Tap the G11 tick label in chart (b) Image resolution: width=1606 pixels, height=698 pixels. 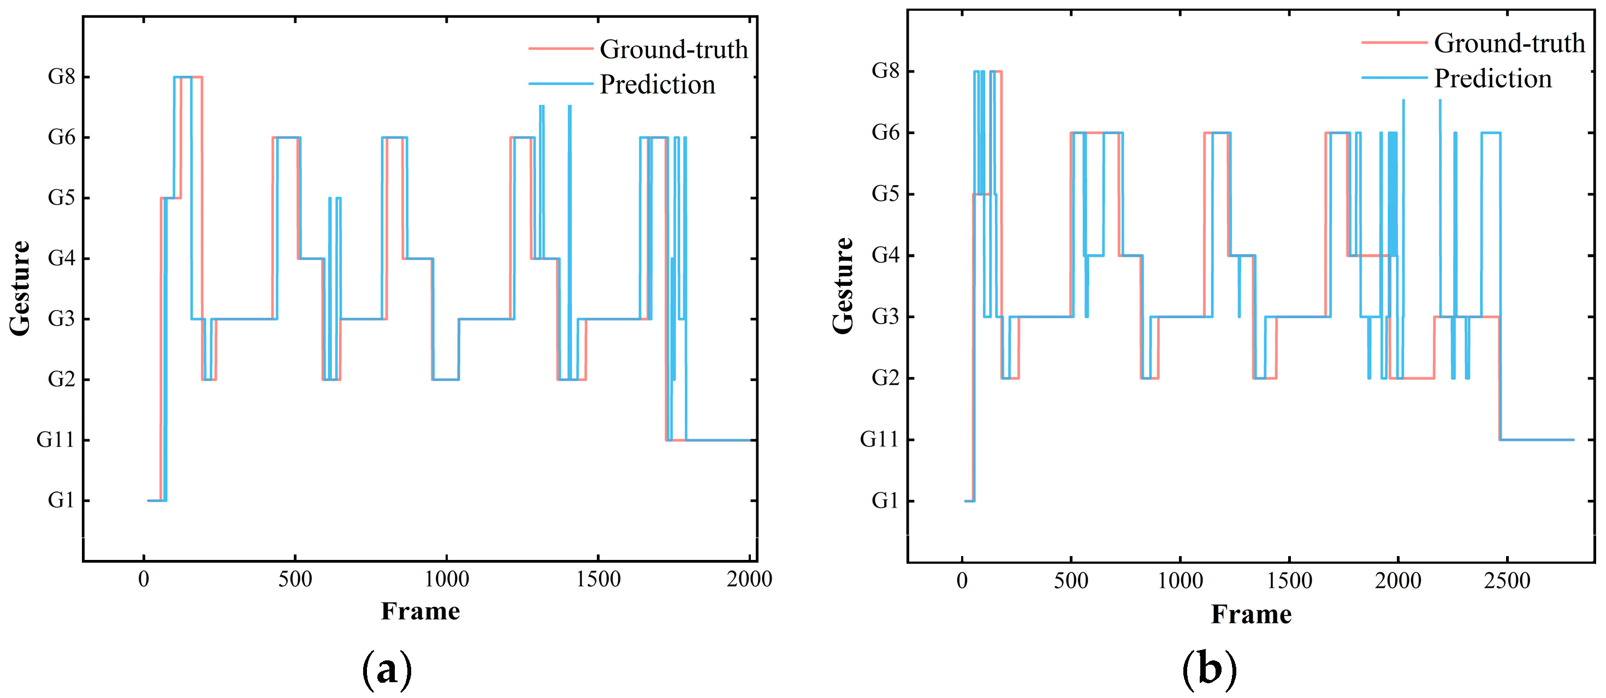[x=879, y=439]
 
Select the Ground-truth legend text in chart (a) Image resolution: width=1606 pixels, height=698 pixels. [x=673, y=49]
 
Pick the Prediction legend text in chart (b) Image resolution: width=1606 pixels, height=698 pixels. [x=1492, y=79]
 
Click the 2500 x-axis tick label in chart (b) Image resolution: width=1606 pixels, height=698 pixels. [x=1507, y=581]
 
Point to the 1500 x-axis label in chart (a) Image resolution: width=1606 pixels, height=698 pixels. [x=598, y=580]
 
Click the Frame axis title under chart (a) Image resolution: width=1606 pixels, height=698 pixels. [x=420, y=611]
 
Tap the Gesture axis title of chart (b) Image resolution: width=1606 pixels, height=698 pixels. [x=843, y=285]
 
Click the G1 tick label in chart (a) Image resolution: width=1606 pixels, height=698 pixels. [x=61, y=500]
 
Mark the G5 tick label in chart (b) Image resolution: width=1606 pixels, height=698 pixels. [x=885, y=194]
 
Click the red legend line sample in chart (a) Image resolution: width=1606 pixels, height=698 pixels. [x=560, y=49]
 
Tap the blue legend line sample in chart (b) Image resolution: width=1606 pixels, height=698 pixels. [x=1394, y=78]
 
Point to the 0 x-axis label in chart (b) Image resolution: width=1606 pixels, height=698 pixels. [x=962, y=581]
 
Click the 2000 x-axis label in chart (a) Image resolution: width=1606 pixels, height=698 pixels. [x=749, y=580]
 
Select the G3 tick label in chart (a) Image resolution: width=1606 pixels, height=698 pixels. [x=61, y=319]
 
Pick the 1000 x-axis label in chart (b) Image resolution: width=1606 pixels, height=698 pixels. [x=1180, y=581]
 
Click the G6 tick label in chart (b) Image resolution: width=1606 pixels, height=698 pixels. [x=885, y=132]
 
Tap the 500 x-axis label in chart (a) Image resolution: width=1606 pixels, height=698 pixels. [x=295, y=580]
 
